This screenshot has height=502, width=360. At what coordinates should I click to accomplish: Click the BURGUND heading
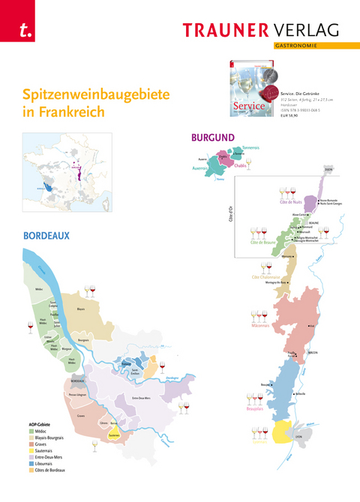(x=213, y=138)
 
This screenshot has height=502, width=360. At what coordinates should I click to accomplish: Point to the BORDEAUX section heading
(x=46, y=235)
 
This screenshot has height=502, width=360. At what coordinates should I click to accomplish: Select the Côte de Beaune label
(x=264, y=243)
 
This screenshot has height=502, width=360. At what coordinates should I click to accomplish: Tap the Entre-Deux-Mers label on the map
(x=142, y=397)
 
